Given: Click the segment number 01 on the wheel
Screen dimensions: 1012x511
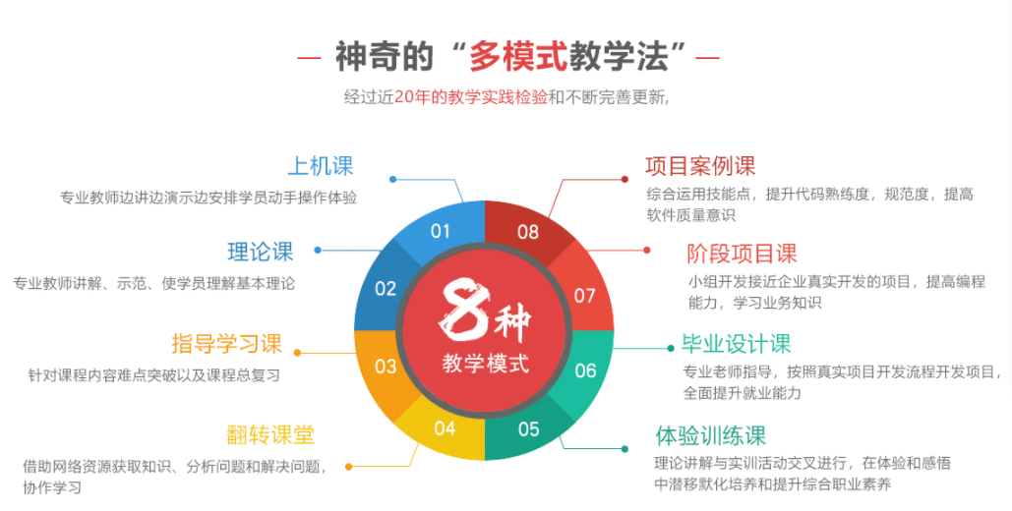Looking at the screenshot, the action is click(441, 231).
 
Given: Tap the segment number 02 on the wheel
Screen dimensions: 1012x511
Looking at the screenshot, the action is click(386, 288).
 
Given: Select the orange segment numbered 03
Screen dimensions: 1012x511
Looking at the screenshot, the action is click(386, 367).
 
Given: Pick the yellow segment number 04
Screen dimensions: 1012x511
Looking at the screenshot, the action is click(445, 428).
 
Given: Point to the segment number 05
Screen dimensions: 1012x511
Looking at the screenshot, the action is click(528, 429).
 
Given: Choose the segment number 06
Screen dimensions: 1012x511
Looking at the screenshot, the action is click(585, 370).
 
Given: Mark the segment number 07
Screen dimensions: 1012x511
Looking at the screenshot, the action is click(585, 296).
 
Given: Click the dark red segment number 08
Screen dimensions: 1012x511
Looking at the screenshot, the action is click(528, 232).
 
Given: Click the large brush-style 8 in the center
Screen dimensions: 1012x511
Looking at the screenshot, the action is click(463, 310).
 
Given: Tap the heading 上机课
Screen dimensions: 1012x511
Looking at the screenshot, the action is click(321, 166).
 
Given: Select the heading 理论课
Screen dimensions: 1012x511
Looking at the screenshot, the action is click(261, 252).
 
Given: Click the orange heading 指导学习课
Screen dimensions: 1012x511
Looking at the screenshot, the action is click(226, 343).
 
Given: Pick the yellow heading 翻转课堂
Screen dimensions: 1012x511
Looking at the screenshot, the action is click(270, 435).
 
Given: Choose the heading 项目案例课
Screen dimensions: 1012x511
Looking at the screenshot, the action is click(700, 166).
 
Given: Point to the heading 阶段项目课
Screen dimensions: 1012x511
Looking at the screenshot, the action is click(743, 254).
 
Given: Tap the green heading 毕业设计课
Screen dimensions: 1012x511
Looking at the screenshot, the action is click(737, 344).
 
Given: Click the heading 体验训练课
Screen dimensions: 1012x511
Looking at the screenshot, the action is click(711, 436).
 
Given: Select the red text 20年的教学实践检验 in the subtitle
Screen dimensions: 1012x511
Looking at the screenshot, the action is click(471, 96).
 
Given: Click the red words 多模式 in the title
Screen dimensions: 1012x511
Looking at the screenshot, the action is click(517, 56).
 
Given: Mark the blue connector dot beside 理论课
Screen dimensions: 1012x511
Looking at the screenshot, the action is click(318, 250).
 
